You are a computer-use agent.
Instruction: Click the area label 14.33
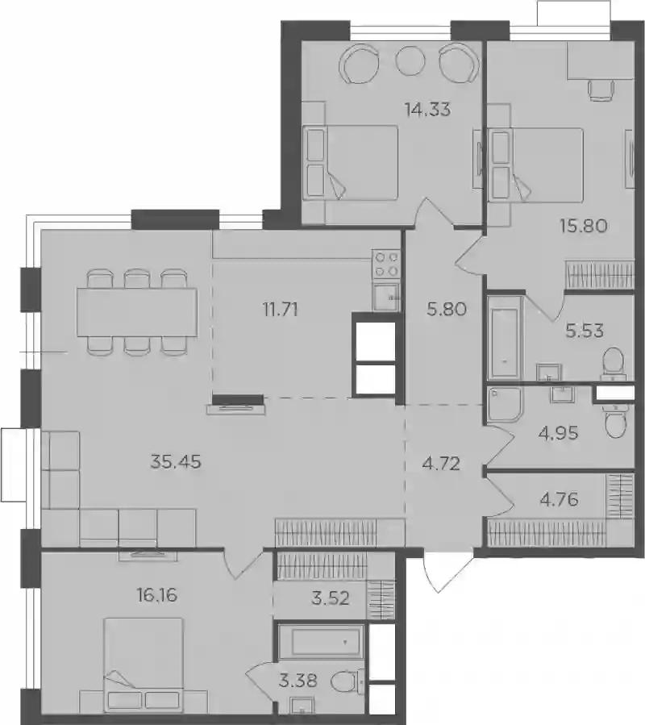click(x=427, y=110)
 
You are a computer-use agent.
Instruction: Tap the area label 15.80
click(x=584, y=226)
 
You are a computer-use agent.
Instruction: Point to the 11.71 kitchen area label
click(x=281, y=310)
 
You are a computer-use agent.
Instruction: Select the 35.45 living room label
click(x=176, y=461)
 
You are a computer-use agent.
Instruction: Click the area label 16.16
click(x=157, y=595)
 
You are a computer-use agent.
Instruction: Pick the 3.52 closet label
click(x=330, y=598)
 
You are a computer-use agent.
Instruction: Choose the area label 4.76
click(x=560, y=500)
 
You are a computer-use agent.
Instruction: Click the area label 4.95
click(x=558, y=433)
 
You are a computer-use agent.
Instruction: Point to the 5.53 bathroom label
click(x=585, y=331)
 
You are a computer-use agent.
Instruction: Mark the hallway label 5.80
click(x=447, y=310)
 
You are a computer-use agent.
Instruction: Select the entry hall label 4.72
click(x=441, y=463)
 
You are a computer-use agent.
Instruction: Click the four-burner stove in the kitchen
click(x=386, y=264)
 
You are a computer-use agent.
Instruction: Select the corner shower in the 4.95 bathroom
click(x=504, y=405)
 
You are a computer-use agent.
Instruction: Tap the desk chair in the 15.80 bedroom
click(x=601, y=90)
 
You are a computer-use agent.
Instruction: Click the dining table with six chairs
click(x=137, y=311)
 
